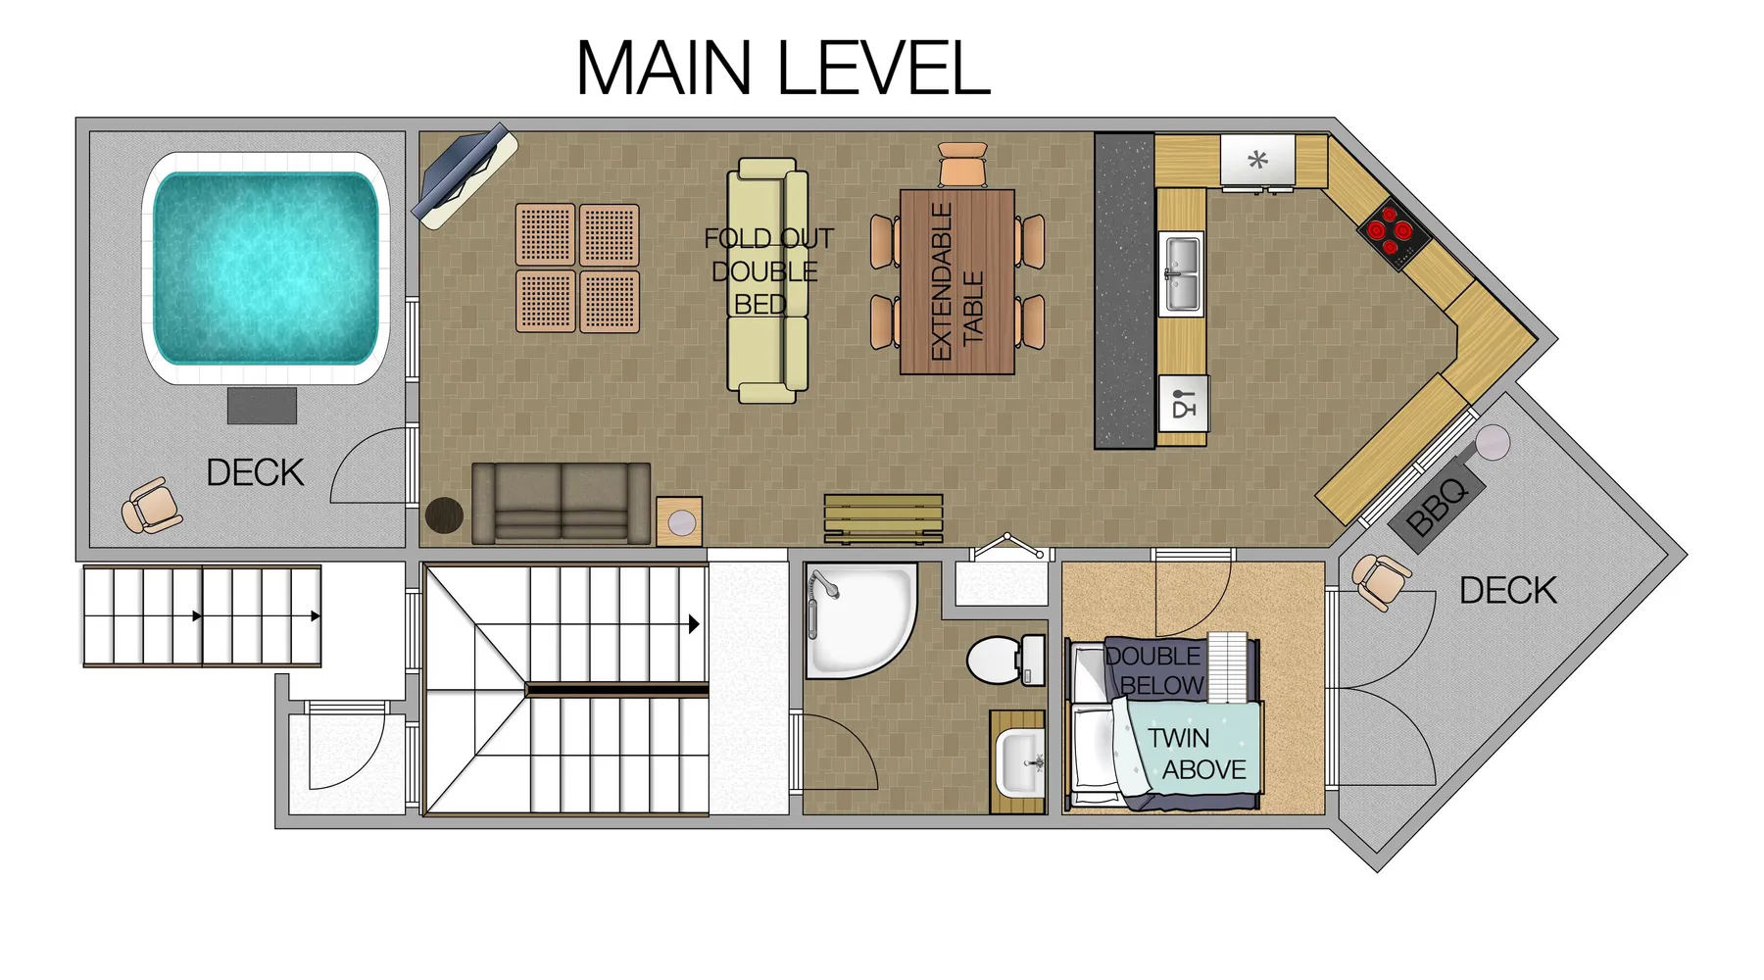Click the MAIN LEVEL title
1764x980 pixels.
coord(783,68)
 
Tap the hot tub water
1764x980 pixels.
coord(266,268)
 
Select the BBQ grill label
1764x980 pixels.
coord(1437,508)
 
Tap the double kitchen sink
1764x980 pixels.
coord(1181,273)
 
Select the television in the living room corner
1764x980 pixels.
coord(464,175)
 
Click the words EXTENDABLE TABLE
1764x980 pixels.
coord(956,282)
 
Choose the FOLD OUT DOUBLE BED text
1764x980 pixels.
coord(768,271)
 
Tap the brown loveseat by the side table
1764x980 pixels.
coord(561,504)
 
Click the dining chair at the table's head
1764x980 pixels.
coord(962,164)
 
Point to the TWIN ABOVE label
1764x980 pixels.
coord(1197,754)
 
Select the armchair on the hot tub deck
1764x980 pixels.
coord(151,506)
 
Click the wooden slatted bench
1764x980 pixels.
coord(883,518)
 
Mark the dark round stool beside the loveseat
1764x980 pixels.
coord(444,515)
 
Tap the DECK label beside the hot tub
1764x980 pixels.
coord(255,473)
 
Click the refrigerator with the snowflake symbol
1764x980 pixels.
coord(1257,160)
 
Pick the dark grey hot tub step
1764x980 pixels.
coord(262,406)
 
